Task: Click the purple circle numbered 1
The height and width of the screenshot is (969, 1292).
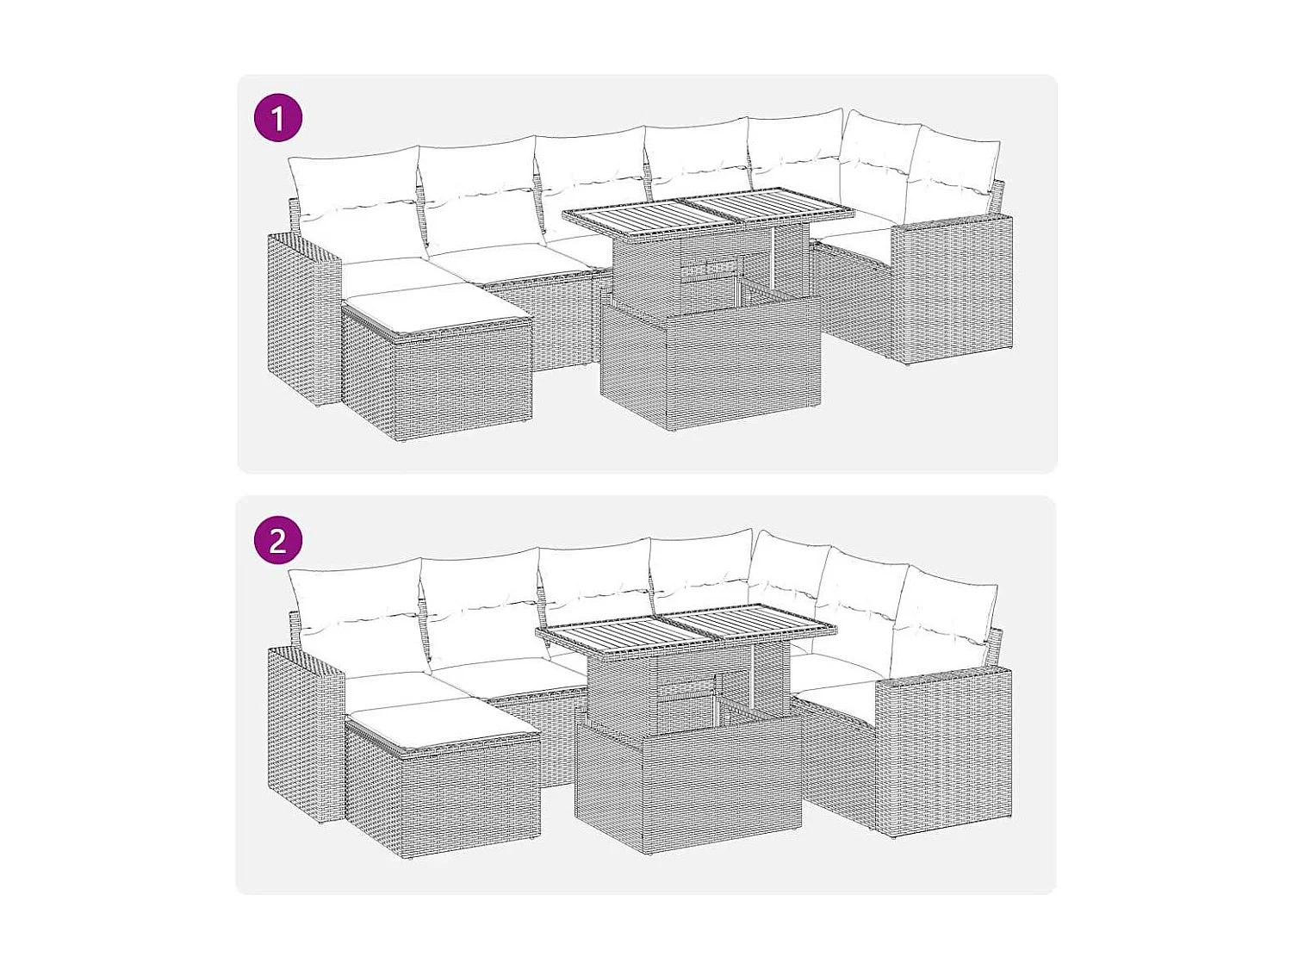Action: point(277,118)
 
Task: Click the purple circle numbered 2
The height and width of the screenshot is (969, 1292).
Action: point(277,540)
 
